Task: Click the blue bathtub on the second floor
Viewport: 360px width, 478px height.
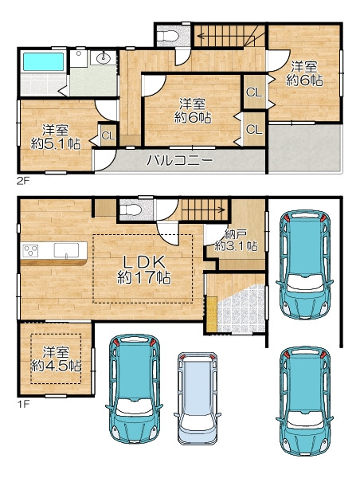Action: pos(43,61)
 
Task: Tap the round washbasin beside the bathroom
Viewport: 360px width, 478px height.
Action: pos(104,58)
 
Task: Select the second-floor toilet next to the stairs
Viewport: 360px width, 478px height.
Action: pos(168,36)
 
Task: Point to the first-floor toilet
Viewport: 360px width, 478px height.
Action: pos(131,210)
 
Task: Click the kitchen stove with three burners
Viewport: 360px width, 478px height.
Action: pos(31,251)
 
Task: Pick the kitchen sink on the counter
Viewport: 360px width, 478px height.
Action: pos(66,250)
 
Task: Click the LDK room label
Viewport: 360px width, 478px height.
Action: pos(144,261)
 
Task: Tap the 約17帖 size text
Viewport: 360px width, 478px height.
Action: pos(144,277)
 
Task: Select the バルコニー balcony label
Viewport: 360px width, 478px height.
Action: pos(179,160)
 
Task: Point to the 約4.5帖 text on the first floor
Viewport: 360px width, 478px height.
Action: pos(56,366)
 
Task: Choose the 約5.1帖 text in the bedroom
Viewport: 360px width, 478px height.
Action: pos(56,143)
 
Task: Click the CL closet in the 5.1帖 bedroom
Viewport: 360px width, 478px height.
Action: pos(108,135)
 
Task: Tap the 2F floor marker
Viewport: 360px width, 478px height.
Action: pos(23,182)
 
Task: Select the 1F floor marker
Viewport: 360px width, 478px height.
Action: pos(23,404)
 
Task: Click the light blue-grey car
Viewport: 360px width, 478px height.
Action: pos(198,399)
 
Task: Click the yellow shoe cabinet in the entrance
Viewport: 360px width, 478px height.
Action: pos(212,314)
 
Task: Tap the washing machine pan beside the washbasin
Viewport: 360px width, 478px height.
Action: pos(79,58)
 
